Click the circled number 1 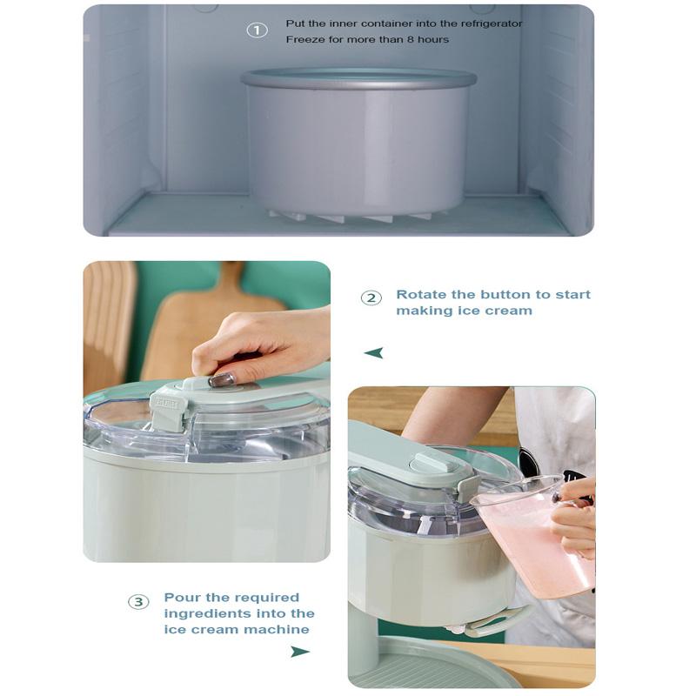pos(257,30)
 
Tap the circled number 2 pos(371,298)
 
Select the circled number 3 pos(138,602)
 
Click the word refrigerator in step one pos(492,23)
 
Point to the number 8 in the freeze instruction pos(411,39)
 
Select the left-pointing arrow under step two pos(373,353)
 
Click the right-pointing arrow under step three pos(300,652)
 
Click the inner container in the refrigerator pos(358,142)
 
